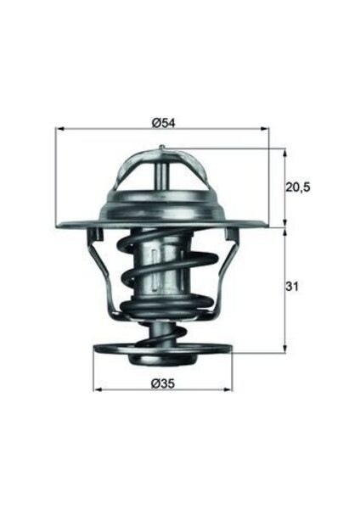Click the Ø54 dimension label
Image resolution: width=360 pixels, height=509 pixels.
[163, 122]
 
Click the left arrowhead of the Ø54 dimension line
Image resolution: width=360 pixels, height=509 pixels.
[59, 130]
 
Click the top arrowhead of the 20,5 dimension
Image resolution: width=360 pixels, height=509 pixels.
[284, 154]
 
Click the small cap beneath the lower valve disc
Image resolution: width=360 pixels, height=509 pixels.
[162, 361]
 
